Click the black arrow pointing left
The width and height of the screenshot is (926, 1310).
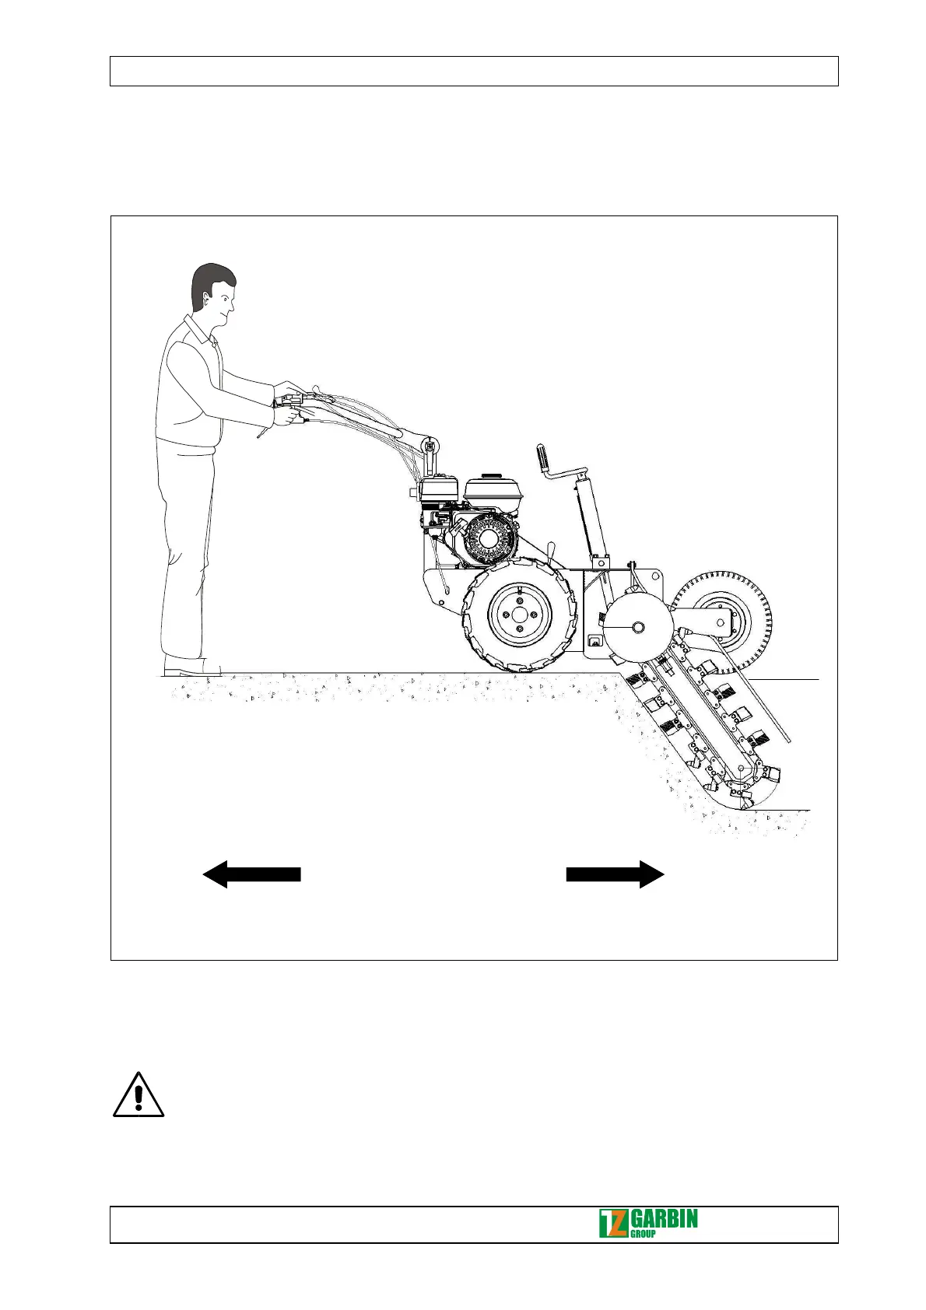click(251, 874)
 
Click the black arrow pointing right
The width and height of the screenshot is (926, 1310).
click(616, 874)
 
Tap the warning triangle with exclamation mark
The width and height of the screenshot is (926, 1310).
click(139, 1095)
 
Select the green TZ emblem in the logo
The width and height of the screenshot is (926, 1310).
click(612, 1224)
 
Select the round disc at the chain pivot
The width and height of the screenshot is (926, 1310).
click(637, 627)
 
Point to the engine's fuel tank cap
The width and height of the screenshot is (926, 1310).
click(490, 476)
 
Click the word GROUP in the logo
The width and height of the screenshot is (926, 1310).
click(642, 1234)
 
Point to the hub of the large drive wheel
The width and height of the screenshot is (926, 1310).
click(519, 615)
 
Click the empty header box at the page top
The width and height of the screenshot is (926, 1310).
click(473, 71)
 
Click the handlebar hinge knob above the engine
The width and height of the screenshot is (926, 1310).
click(427, 446)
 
